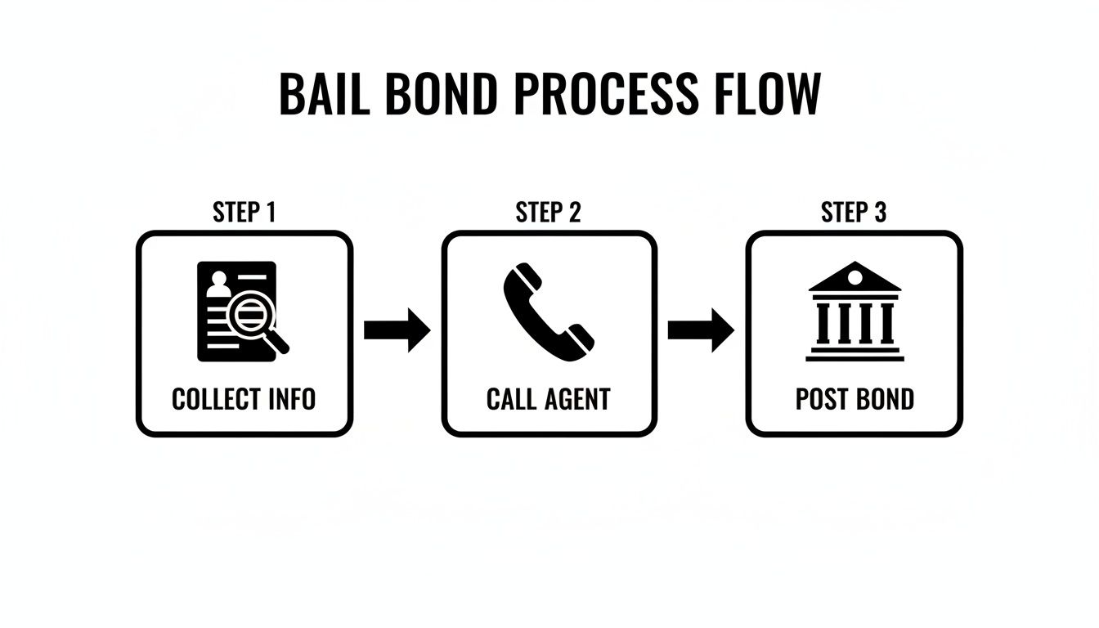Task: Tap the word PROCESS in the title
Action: [606, 94]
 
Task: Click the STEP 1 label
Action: [244, 213]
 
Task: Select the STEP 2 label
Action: [548, 213]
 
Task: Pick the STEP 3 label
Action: [853, 213]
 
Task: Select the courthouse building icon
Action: [855, 312]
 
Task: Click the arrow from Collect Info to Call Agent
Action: [397, 330]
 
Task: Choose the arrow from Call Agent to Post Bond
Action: [701, 330]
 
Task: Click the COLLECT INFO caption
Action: [244, 400]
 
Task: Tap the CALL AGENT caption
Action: [548, 400]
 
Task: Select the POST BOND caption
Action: [855, 400]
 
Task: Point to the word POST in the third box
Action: [822, 400]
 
